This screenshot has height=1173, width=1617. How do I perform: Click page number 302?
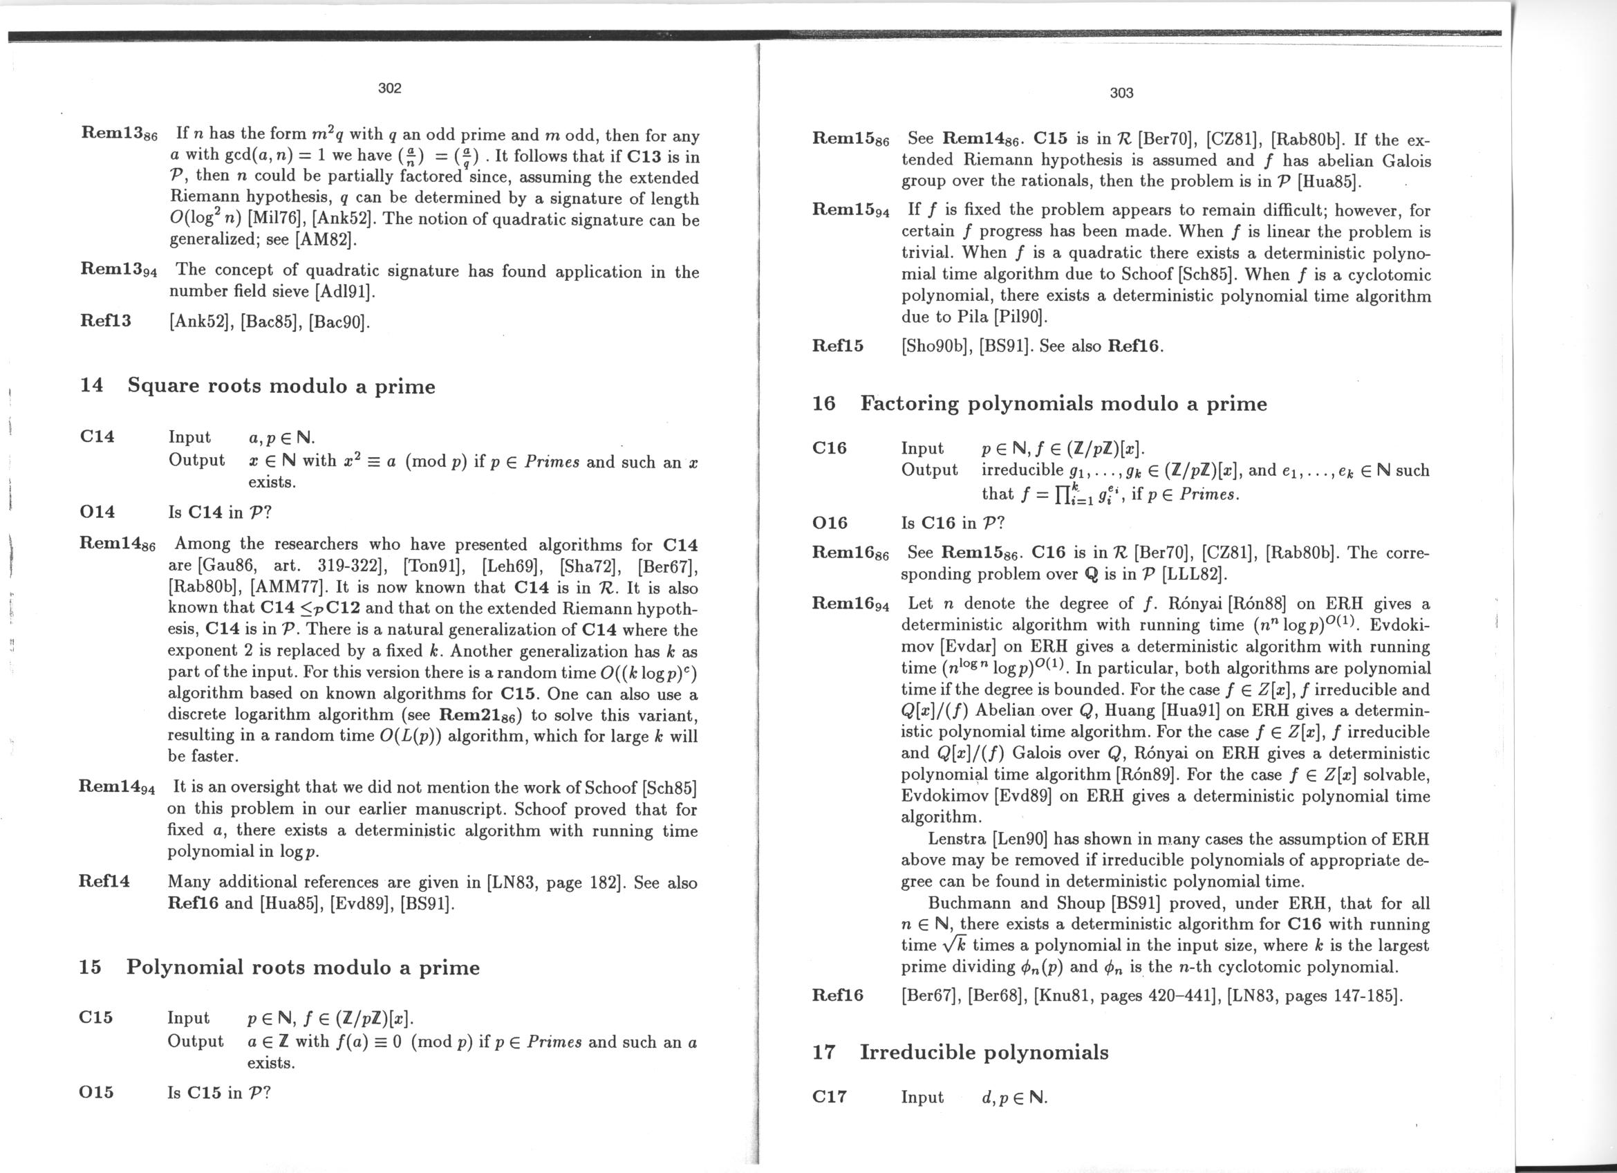coord(389,88)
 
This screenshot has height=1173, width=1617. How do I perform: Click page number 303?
coord(1121,93)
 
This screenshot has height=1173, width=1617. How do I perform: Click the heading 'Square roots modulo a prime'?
coord(281,386)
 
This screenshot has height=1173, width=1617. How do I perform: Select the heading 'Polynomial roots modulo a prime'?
coord(303,968)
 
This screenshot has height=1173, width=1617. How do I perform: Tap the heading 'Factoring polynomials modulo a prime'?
coord(1064,404)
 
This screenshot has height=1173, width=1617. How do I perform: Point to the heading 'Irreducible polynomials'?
coord(984,1053)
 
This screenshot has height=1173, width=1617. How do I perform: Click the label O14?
coord(97,511)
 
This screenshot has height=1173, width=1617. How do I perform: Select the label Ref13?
coord(106,320)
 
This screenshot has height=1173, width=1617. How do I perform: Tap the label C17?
coord(829,1097)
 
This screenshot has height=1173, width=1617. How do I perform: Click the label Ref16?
coord(838,995)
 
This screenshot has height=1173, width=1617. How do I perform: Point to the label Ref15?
coord(838,346)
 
